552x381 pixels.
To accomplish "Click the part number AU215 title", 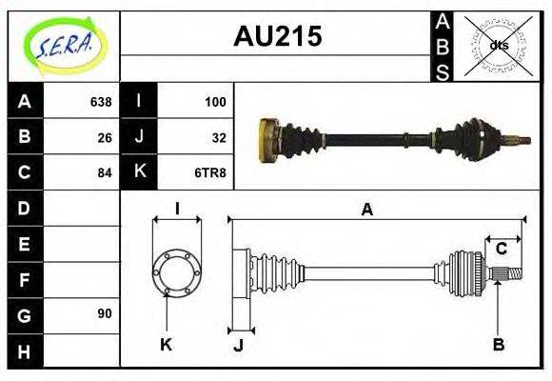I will coord(277,36).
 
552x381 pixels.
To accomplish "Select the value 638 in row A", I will coord(100,102).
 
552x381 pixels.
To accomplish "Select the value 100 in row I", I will coord(215,102).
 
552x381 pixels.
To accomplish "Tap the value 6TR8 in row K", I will coord(211,172).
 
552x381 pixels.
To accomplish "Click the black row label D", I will coord(25,208).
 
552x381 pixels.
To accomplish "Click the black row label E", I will coord(25,243).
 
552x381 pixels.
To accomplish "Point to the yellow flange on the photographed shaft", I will coord(267,137).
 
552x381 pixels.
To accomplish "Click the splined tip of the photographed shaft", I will coord(522,141).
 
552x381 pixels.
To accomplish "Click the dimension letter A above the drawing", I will coord(367,210).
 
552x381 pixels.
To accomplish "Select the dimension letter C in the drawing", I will coord(501,250).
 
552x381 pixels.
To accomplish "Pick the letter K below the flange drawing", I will coord(166,344).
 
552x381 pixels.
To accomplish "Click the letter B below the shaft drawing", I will coord(498,344).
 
